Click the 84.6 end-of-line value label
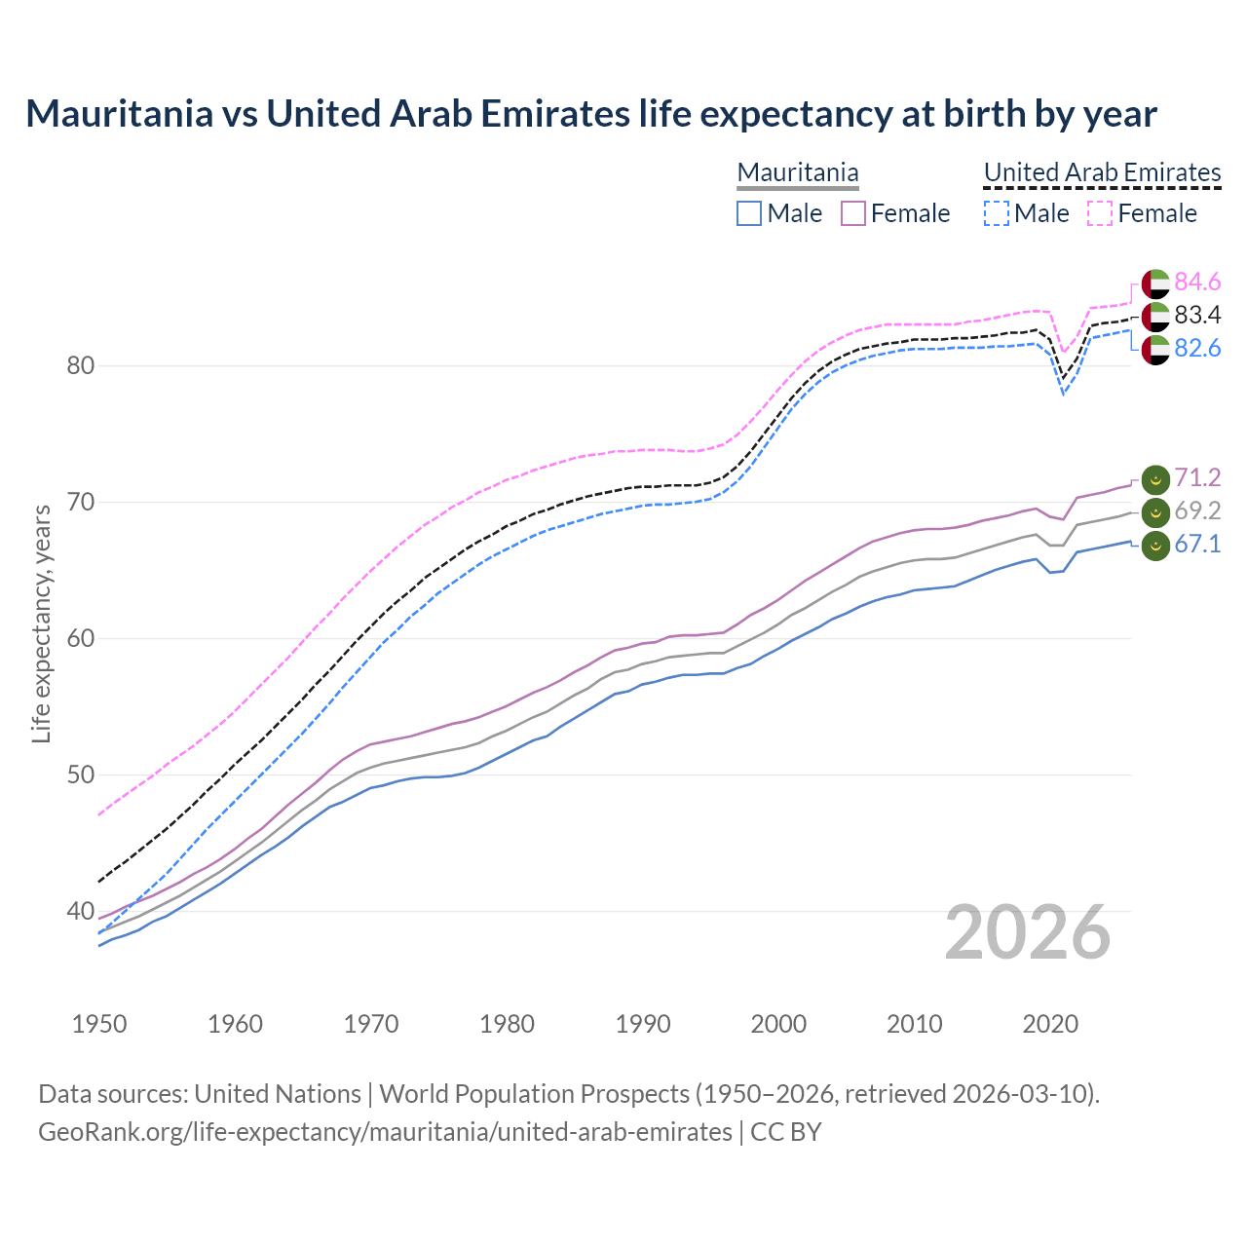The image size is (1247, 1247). [1197, 283]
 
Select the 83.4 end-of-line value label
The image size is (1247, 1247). [1197, 316]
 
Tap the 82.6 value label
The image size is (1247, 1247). [1197, 349]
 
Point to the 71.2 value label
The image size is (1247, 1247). [1197, 478]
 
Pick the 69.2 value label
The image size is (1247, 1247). [1197, 511]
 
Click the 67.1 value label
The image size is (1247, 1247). [1197, 545]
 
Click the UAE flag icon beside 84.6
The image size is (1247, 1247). [1155, 283]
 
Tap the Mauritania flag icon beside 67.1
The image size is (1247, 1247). [1155, 546]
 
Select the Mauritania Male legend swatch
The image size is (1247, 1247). [748, 213]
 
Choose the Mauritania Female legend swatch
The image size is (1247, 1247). [853, 213]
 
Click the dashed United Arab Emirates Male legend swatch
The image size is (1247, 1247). [996, 213]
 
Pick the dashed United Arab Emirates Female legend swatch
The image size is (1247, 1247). [1100, 213]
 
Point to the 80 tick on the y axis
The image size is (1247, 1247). [81, 366]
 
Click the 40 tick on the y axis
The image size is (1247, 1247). [81, 912]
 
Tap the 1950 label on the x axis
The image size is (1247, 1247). [99, 1024]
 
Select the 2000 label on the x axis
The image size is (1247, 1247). [778, 1024]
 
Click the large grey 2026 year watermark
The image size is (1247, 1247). [1028, 932]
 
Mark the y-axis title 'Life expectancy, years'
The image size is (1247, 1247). [41, 623]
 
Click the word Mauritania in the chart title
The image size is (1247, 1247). [119, 114]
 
